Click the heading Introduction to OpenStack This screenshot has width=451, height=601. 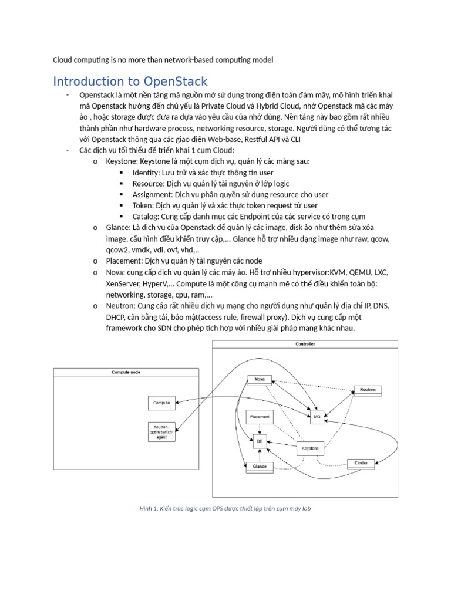click(130, 82)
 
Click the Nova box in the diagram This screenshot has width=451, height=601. click(259, 379)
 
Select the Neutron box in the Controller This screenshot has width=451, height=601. click(368, 390)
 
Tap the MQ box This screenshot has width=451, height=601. click(317, 416)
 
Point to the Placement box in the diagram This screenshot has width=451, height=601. click(260, 417)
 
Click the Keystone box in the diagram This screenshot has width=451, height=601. click(310, 448)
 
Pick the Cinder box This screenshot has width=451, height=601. click(361, 463)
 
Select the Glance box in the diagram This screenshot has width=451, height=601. click(259, 467)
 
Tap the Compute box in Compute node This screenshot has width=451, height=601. click(161, 403)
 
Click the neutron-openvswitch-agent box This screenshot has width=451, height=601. click(161, 431)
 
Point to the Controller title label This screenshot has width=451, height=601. click(305, 344)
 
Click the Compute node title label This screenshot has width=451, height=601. click(126, 372)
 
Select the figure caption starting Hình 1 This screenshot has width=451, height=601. click(225, 508)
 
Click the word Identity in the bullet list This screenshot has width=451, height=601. click(145, 173)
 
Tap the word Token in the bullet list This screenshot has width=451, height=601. click(143, 205)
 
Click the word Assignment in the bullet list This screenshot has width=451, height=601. click(152, 194)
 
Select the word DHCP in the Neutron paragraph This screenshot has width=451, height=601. click(116, 317)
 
